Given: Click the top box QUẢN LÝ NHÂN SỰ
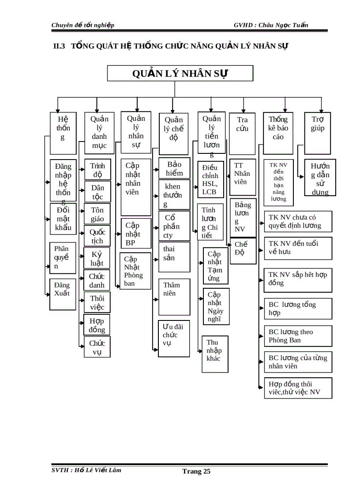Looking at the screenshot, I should pos(180,73).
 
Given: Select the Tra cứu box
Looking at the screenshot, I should pos(242,133).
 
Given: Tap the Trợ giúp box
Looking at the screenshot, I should pos(318,127).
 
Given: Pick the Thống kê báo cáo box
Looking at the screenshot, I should pos(278,133).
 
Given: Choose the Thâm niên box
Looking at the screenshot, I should pos(174,296).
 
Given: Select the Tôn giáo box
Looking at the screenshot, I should pos(97,214).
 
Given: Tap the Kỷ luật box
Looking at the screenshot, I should pos(97,259).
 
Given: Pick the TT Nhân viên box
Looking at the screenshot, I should pos(242,176).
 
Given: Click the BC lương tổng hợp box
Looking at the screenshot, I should pos(298,309).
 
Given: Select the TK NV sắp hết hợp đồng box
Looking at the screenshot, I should pos(298,279).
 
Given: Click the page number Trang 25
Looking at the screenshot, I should pos(196,472).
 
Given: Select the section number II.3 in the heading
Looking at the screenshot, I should pos(59,46).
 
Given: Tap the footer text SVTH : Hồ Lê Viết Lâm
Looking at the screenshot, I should pos(86,470).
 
